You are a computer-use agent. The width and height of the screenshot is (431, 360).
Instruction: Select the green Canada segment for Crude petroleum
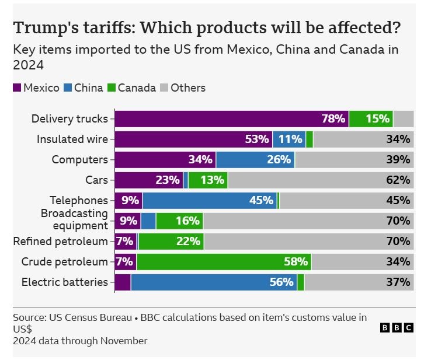[224, 261]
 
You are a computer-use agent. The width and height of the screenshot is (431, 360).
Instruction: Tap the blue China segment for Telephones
[210, 201]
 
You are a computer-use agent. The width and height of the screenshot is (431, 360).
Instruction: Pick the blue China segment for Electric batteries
[214, 282]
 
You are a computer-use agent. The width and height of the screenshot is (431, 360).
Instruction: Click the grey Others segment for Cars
[321, 180]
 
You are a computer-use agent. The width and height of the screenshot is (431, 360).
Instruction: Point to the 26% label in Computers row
[279, 160]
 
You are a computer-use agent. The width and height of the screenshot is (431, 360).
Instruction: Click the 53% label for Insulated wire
[257, 139]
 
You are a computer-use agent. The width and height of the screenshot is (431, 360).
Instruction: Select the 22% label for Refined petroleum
[188, 242]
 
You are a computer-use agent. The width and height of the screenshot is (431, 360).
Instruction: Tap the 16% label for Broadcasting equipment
[187, 221]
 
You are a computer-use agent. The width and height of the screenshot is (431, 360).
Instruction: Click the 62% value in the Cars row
[398, 180]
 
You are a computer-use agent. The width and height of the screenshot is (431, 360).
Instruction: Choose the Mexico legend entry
[36, 88]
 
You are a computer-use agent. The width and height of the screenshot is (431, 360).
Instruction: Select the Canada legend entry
[131, 88]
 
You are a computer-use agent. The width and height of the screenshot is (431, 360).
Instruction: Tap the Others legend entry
[183, 88]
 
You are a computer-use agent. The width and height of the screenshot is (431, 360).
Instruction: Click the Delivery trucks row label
[69, 119]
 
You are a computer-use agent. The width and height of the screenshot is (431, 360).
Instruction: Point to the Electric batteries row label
[65, 282]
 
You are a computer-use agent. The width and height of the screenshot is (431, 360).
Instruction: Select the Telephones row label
[79, 201]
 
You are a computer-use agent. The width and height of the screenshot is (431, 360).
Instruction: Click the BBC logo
[397, 328]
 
